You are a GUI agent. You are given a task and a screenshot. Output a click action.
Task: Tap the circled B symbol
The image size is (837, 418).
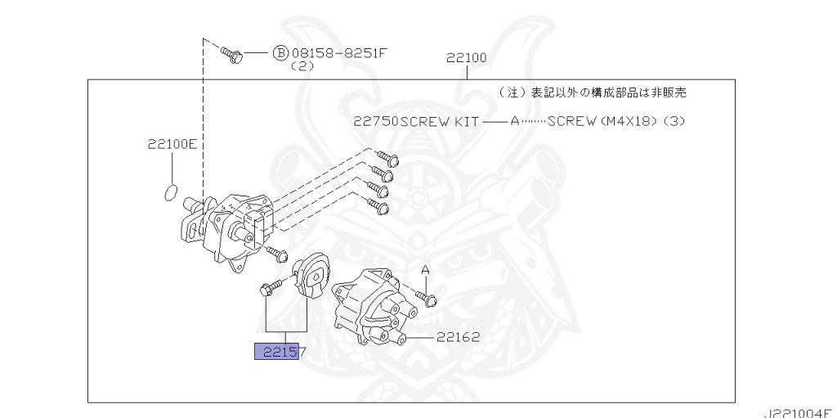click(x=280, y=53)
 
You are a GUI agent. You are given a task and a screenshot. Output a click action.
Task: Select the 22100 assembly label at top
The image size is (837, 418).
click(x=467, y=57)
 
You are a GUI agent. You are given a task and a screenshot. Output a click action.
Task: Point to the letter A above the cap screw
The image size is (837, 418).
click(x=425, y=269)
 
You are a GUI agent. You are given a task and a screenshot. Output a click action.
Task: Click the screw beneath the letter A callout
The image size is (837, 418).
click(x=427, y=298)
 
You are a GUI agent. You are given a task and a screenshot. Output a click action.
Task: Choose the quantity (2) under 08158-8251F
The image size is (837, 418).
click(x=302, y=67)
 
